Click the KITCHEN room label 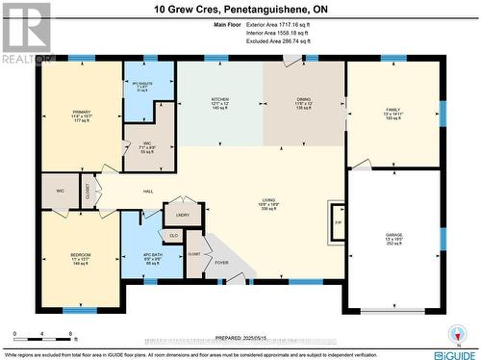219,99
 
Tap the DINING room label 303,99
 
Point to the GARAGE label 394,234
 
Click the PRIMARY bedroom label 81,113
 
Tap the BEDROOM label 80,255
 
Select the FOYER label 221,261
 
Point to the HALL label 148,192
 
